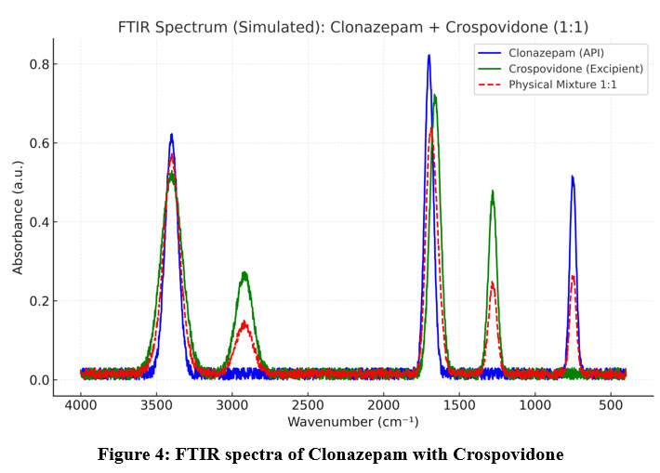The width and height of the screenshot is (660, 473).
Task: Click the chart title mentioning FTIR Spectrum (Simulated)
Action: (353, 27)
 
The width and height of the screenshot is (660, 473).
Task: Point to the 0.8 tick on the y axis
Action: (38, 64)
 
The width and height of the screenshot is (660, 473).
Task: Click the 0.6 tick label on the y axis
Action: (38, 143)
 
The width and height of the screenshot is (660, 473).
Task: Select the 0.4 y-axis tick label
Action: (38, 222)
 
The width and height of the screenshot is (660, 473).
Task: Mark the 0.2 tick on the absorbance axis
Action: (38, 301)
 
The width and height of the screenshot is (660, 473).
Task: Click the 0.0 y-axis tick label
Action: (38, 380)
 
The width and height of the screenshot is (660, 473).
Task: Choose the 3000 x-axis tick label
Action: (232, 406)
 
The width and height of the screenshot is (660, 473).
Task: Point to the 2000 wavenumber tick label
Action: (383, 406)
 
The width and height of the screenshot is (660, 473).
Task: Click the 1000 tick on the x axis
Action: (535, 406)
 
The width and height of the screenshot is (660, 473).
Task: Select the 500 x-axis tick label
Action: (610, 406)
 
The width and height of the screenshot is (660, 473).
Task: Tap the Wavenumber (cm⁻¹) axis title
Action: (353, 422)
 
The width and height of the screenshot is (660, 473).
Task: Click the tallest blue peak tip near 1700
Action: (429, 56)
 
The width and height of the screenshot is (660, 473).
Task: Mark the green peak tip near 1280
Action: (493, 192)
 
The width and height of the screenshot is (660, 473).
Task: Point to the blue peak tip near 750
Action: (573, 177)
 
